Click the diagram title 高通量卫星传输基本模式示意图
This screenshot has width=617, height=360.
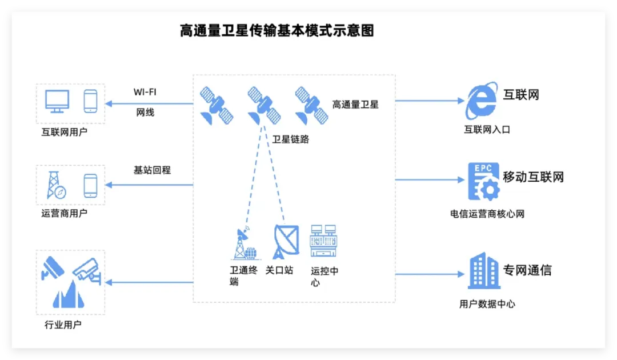point(277,31)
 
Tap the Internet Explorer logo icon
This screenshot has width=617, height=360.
point(481,102)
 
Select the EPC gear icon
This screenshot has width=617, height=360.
point(483,181)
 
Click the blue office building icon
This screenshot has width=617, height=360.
point(483,270)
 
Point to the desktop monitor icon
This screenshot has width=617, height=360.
point(57,101)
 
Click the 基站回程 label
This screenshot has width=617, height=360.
point(152,170)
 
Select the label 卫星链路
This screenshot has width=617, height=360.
point(290,139)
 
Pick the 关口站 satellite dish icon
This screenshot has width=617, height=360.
point(285,241)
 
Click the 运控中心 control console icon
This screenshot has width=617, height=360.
point(324,241)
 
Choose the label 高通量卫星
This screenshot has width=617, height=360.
point(355,105)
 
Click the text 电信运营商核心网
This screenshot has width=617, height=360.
point(487,214)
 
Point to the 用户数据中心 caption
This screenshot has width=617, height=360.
point(487,304)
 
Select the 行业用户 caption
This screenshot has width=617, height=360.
point(63,325)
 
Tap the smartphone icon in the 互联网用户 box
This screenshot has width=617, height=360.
point(90,101)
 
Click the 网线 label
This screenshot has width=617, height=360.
point(145,113)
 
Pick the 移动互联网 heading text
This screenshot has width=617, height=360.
point(533,177)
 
